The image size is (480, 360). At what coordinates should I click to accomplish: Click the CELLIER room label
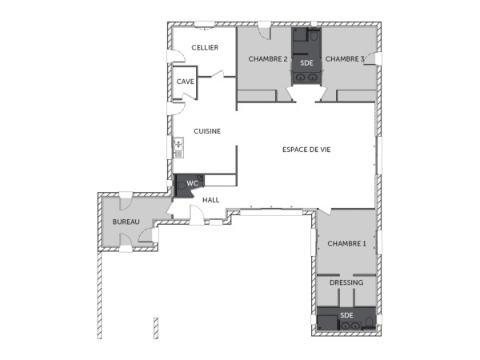tap(205, 48)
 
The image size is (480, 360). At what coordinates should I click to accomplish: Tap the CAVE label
tap(185, 82)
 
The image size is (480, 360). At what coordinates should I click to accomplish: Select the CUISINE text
tap(207, 131)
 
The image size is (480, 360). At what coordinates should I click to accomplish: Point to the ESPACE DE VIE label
tap(306, 150)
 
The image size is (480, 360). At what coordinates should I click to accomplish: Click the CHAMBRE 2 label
tap(267, 59)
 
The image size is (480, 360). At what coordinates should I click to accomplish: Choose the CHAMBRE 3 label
tap(345, 59)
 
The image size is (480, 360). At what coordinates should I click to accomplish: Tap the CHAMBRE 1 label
tap(346, 243)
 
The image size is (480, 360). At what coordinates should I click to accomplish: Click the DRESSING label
tap(346, 282)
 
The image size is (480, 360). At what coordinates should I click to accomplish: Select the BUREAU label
tap(126, 222)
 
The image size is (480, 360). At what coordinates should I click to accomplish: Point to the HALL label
tap(210, 200)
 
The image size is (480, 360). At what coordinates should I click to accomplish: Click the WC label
tap(192, 184)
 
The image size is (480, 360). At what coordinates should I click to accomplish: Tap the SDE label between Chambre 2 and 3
tap(306, 62)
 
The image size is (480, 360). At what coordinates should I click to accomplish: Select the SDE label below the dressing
tap(346, 315)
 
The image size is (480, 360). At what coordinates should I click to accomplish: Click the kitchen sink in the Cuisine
tap(178, 147)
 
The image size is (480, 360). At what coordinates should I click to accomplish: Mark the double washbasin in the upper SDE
tap(306, 78)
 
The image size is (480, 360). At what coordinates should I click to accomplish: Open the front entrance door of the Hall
tap(195, 214)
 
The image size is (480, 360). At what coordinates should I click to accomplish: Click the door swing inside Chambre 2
tap(263, 34)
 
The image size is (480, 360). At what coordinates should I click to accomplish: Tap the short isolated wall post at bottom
tap(153, 328)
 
